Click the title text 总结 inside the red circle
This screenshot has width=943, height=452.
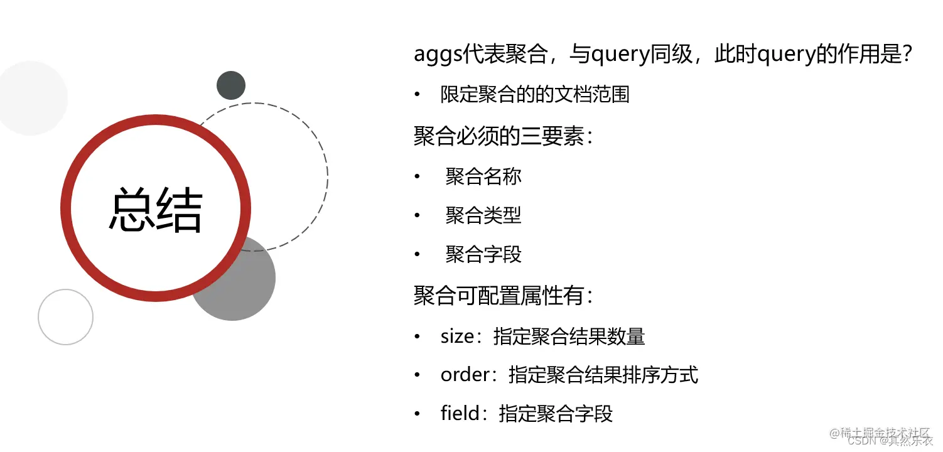156,209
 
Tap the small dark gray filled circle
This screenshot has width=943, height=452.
231,85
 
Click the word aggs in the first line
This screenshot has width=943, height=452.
438,55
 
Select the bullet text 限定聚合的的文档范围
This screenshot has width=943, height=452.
534,95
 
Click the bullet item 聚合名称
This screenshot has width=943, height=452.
483,176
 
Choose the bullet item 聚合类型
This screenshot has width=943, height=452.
483,215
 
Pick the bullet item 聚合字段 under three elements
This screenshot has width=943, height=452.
483,254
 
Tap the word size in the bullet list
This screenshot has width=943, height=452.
456,336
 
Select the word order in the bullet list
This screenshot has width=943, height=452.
464,375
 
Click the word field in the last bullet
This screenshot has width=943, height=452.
460,414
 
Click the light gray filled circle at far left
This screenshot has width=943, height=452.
30,98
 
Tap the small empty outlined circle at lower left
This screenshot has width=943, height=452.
65,317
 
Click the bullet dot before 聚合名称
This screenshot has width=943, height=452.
417,177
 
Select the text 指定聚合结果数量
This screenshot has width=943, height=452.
569,336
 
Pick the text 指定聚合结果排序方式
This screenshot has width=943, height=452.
603,375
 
